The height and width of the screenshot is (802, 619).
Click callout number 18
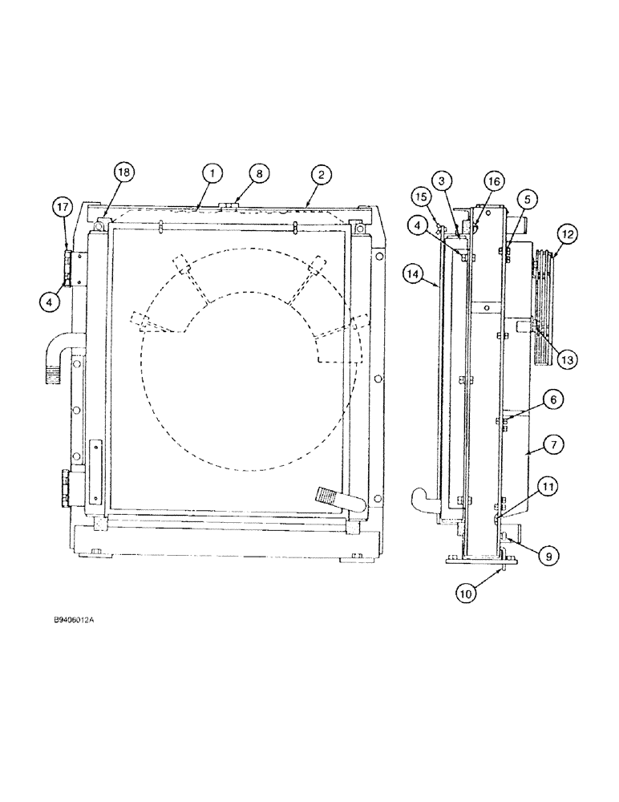tap(125, 172)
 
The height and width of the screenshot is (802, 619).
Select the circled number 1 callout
tap(212, 172)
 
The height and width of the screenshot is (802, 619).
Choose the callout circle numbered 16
tap(493, 182)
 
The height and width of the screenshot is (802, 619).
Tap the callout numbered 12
tap(568, 234)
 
